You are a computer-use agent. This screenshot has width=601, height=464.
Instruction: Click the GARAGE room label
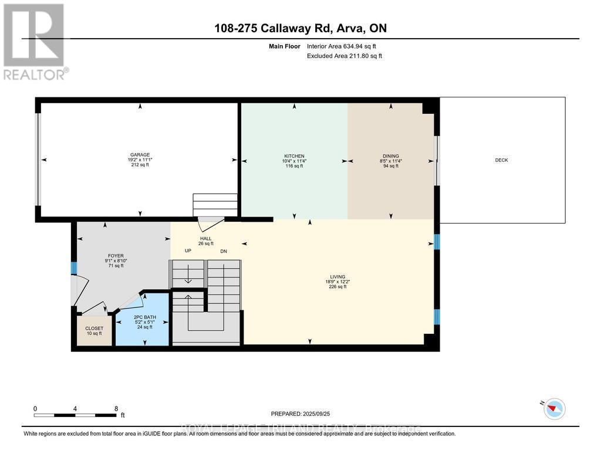(x=139, y=154)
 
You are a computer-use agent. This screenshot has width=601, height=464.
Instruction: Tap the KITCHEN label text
(x=294, y=156)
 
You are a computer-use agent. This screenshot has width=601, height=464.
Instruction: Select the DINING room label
(x=390, y=156)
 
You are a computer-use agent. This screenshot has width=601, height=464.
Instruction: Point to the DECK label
(x=501, y=160)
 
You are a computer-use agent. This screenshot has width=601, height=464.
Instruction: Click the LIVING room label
(x=337, y=277)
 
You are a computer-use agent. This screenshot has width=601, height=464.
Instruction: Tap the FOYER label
(x=115, y=256)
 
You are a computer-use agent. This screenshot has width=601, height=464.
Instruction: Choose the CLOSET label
(x=94, y=328)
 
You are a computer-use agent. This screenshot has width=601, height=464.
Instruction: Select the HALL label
(x=205, y=239)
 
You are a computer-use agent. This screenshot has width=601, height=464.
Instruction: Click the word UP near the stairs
(x=188, y=251)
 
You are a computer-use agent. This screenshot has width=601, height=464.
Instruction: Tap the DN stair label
(x=224, y=251)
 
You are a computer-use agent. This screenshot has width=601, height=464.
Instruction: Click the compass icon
(x=554, y=408)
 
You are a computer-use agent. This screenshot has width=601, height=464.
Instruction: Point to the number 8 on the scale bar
(x=116, y=409)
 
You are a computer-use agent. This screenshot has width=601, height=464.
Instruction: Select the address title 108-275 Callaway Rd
(x=300, y=28)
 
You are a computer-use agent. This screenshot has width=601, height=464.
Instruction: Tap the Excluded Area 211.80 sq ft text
(x=345, y=56)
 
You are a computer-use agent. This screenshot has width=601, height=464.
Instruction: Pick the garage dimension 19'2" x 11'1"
(x=139, y=160)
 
